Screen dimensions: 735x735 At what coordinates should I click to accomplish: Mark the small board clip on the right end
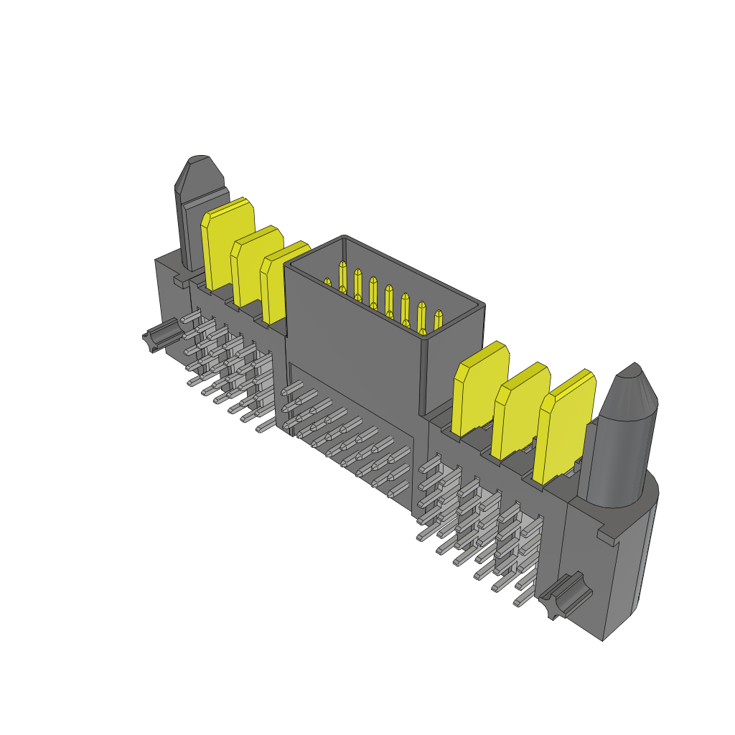564,594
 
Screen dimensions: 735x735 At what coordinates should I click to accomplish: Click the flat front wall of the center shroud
352,337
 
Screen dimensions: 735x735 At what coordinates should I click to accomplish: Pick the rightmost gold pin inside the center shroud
438,319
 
